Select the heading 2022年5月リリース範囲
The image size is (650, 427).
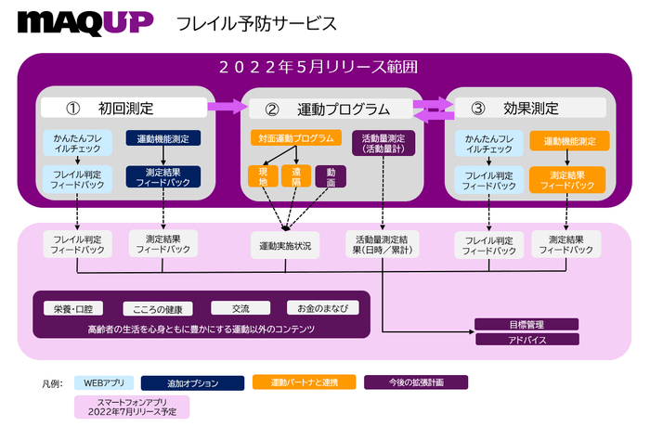[325, 67]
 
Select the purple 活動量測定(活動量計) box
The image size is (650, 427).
[383, 143]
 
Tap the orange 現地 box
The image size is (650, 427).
[264, 176]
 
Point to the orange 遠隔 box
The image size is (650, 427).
[296, 176]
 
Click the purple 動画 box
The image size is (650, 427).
[330, 176]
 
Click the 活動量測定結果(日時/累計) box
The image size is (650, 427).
[383, 244]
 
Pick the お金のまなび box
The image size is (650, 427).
[318, 308]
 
